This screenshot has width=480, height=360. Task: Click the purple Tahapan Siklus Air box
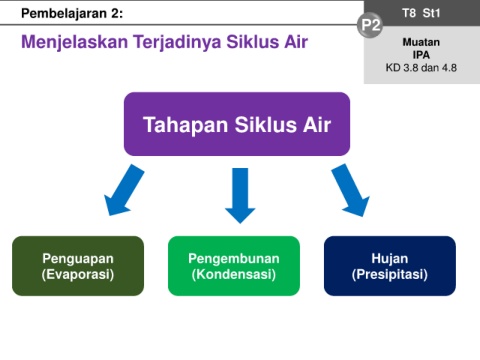[237, 124]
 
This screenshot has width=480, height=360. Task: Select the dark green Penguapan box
[78, 266]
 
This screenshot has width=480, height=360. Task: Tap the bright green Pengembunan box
[234, 266]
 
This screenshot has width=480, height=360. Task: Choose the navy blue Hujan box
[390, 266]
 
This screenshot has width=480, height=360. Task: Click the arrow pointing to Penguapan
[124, 190]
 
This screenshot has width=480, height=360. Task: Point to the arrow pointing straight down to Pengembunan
[240, 195]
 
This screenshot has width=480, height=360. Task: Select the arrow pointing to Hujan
[350, 190]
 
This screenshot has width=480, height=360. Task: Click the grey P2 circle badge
[370, 25]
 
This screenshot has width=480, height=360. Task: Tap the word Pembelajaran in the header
[63, 13]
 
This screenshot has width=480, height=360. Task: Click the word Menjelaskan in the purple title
[74, 42]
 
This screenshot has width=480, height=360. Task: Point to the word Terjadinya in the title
[177, 42]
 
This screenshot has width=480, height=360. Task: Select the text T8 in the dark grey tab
[409, 13]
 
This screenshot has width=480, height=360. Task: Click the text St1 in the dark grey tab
[431, 13]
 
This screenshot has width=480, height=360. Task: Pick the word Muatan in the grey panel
[421, 42]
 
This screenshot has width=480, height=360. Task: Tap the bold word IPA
[421, 55]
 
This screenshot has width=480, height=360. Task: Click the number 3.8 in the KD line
[411, 68]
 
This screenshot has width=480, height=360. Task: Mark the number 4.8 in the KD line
[449, 68]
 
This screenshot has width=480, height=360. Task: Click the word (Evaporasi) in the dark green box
[78, 274]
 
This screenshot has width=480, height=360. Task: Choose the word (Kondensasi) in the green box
[234, 274]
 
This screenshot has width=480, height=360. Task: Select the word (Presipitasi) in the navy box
[390, 274]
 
